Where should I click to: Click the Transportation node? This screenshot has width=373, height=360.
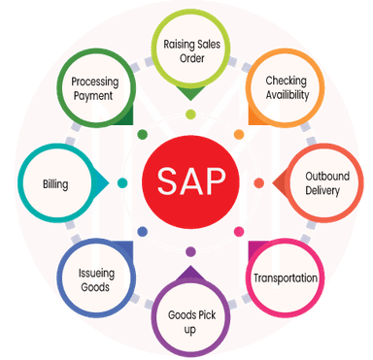285,278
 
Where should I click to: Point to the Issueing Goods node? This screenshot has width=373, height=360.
92,279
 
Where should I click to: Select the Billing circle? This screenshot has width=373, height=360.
54,182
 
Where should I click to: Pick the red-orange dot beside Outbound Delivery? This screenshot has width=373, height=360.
258,182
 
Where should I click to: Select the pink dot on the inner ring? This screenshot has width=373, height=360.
240,229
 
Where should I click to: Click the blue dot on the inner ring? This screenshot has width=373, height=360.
142,232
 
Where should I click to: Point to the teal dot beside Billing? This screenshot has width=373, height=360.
122,182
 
